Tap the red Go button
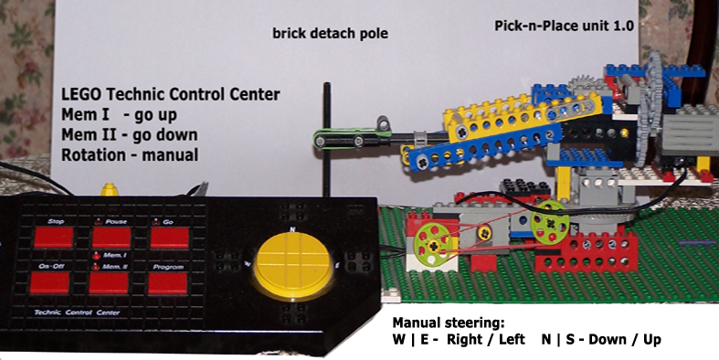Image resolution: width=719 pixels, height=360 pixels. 168,238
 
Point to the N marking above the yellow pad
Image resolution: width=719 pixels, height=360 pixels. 291,228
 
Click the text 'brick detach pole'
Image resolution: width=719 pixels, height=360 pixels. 330,35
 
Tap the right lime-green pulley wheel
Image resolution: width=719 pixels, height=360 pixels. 547,220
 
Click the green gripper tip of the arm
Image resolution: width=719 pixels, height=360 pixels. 324,141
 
